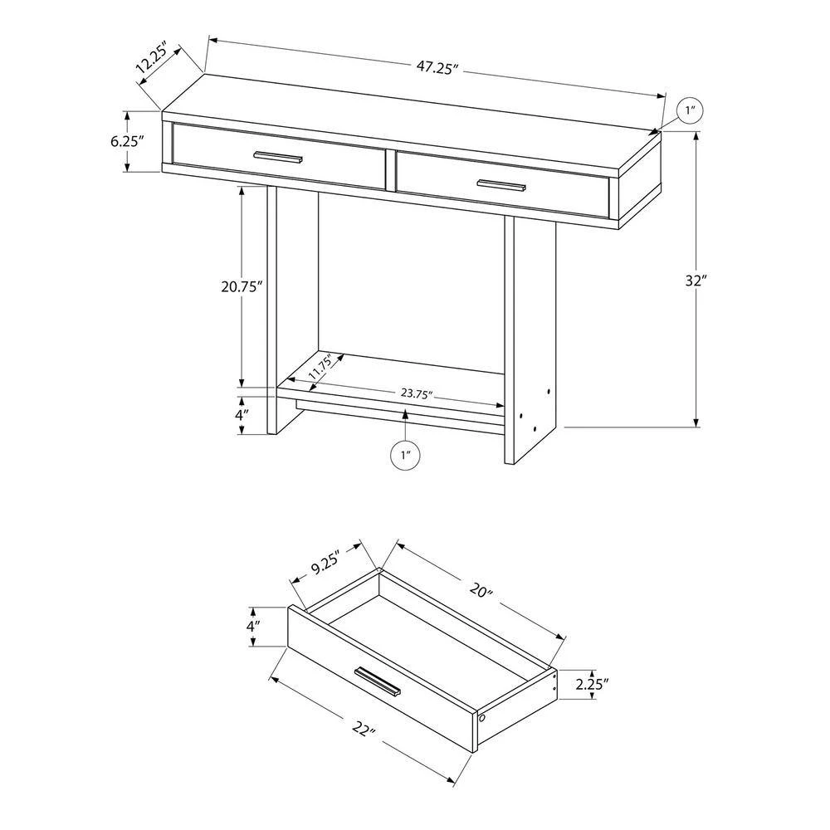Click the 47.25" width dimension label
coord(437,68)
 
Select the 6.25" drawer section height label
coord(128,141)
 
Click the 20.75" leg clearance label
coord(242,287)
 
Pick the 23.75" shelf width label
coord(417,393)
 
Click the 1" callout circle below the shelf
coord(406,455)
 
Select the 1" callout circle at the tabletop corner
coord(690,111)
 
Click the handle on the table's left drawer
coord(278,157)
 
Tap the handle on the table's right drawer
coord(502,185)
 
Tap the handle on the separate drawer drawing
coord(378,681)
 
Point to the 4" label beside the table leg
coord(241,414)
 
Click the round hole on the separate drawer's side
coord(482,719)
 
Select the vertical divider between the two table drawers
coord(391,170)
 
